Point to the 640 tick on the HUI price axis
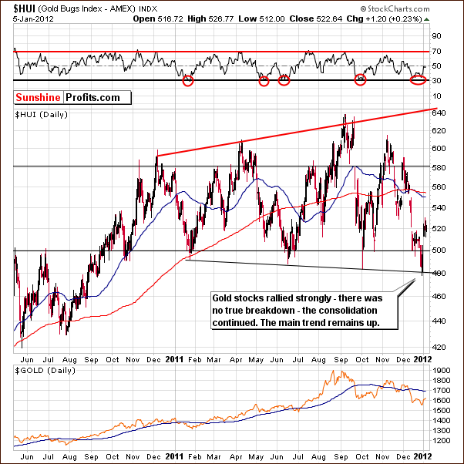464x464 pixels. pos(440,113)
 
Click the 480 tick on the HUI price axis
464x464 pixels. pos(440,272)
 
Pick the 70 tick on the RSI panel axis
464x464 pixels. pos(436,52)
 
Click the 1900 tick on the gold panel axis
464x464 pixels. pos(442,371)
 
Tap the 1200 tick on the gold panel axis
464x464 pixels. pos(442,439)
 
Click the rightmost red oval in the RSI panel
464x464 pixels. pos(417,79)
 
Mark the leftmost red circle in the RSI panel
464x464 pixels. pos(188,80)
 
